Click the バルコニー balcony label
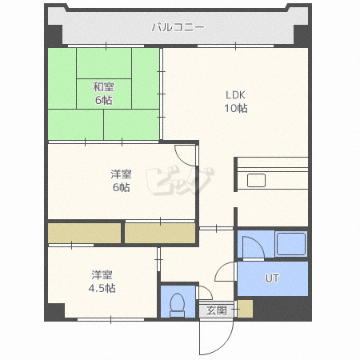pos(178,27)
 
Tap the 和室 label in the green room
pos(103,87)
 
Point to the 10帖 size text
pos(235,108)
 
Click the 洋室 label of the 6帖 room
pos(121,174)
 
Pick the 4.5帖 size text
pos(102,287)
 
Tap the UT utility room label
pos(272,278)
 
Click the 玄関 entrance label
pos(216,310)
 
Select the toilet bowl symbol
pos(177,305)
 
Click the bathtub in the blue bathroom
pos(291,243)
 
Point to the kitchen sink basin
pos(257,181)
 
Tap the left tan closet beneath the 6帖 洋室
pos(84,233)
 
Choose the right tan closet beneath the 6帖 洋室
pos(160,233)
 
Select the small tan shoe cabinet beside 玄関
pos(244,309)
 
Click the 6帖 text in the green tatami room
pos(103,101)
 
